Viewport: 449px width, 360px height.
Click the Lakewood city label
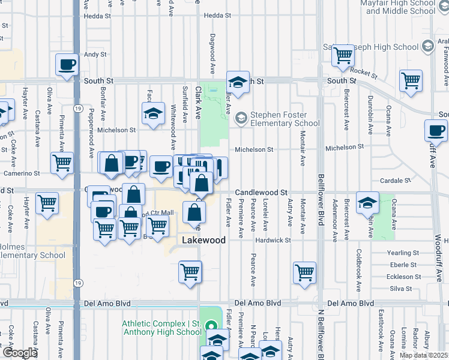(x=204, y=240)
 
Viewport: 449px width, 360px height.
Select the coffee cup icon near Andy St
(x=67, y=64)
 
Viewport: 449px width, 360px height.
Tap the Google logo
(x=19, y=352)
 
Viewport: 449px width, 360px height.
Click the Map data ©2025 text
(x=424, y=355)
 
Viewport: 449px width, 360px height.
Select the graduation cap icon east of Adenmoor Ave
(x=367, y=202)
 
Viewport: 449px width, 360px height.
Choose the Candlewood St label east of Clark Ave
(x=261, y=193)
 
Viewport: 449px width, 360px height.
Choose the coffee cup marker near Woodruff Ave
(x=436, y=130)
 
